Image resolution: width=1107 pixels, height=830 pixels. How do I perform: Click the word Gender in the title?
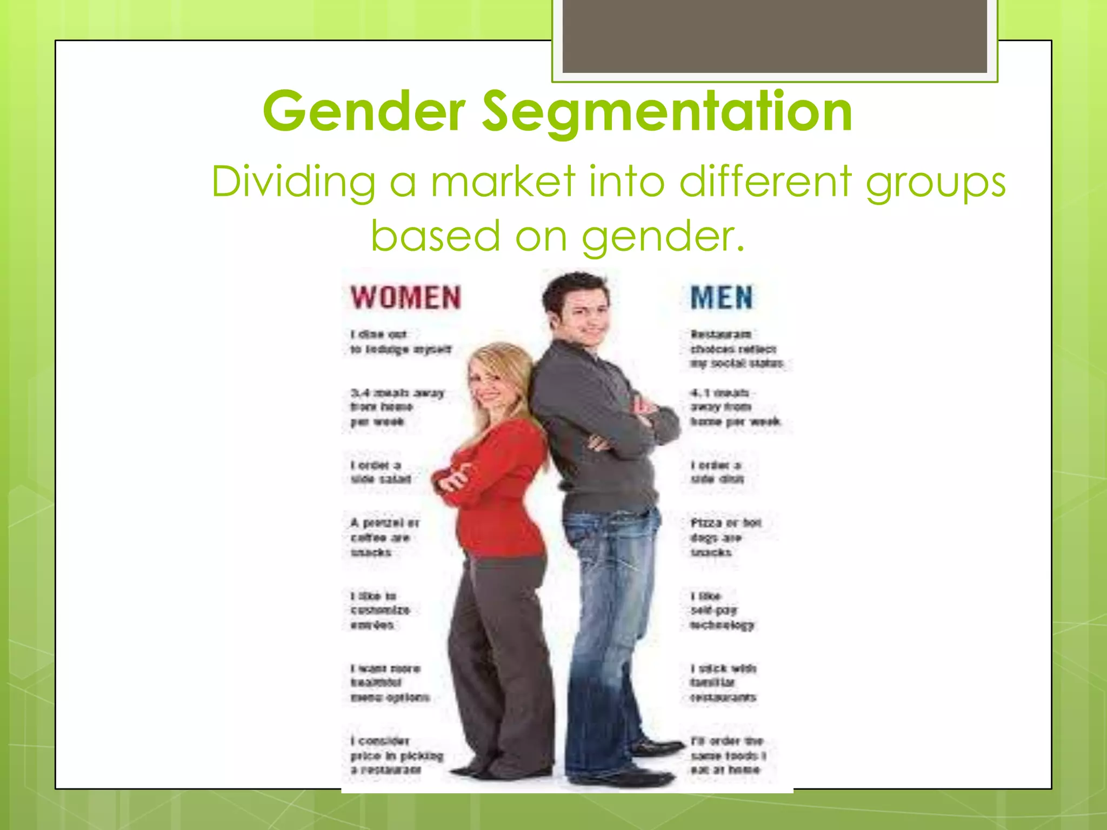coord(364,111)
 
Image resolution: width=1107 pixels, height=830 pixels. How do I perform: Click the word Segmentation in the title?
coord(666,111)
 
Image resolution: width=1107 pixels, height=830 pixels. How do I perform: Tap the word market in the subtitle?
coord(502,182)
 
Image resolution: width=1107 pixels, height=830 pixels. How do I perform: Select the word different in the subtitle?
coord(765,182)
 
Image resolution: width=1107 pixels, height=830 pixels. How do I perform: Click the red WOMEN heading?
coord(405,297)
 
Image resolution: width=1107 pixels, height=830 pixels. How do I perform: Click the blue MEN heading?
coord(721,297)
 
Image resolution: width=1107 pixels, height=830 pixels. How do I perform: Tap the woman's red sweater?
coord(497,486)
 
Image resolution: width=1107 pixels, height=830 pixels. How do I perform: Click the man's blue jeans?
coord(611,621)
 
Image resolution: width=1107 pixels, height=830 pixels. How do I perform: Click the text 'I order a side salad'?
coord(381,472)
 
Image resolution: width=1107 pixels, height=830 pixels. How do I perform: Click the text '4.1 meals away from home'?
coord(734,407)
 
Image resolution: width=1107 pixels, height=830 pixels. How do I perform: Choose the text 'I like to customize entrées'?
coord(379,611)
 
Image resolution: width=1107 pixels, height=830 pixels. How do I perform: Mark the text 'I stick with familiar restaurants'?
coord(723,683)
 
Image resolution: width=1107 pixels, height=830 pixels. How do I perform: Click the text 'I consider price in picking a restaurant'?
coord(396,755)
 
